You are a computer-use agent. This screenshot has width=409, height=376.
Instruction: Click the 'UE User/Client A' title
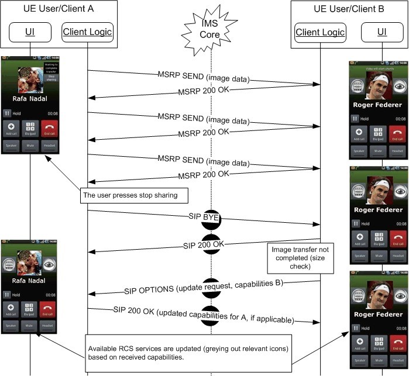(x=59, y=9)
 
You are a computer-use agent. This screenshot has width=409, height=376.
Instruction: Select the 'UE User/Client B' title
(x=349, y=9)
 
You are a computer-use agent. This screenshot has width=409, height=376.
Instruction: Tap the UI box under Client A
(x=31, y=32)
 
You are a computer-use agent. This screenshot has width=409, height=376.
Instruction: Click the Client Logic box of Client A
(x=87, y=32)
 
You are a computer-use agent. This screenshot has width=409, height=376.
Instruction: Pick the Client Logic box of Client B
(x=319, y=32)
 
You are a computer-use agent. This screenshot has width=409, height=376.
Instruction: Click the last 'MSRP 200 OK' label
(x=203, y=174)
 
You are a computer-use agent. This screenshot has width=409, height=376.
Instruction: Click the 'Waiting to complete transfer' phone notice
(x=51, y=67)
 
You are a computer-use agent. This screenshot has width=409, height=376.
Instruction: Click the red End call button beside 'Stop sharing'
(x=50, y=128)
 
